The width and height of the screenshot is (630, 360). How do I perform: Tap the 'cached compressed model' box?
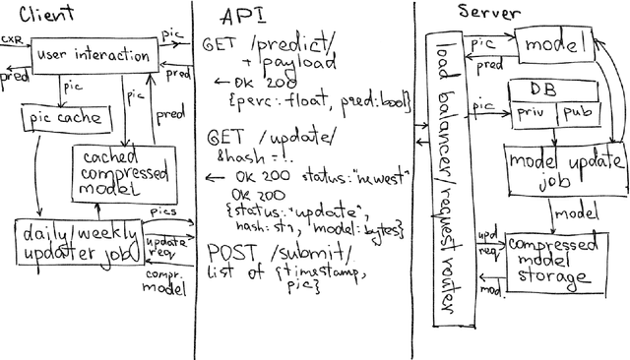[109, 172]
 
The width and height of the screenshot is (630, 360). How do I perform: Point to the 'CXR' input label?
[14, 39]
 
